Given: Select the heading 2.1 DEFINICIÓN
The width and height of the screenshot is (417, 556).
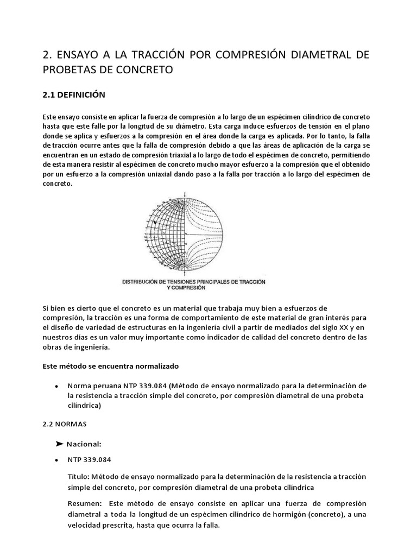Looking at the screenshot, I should coord(73,94).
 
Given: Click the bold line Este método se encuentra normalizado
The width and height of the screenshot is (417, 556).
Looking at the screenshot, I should coord(110,367).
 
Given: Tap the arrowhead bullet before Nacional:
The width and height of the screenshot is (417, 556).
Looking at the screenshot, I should coord(60,444).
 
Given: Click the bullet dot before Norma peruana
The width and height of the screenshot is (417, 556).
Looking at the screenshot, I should coord(57,386).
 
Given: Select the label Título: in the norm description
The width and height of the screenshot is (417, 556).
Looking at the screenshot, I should coord(81,476).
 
